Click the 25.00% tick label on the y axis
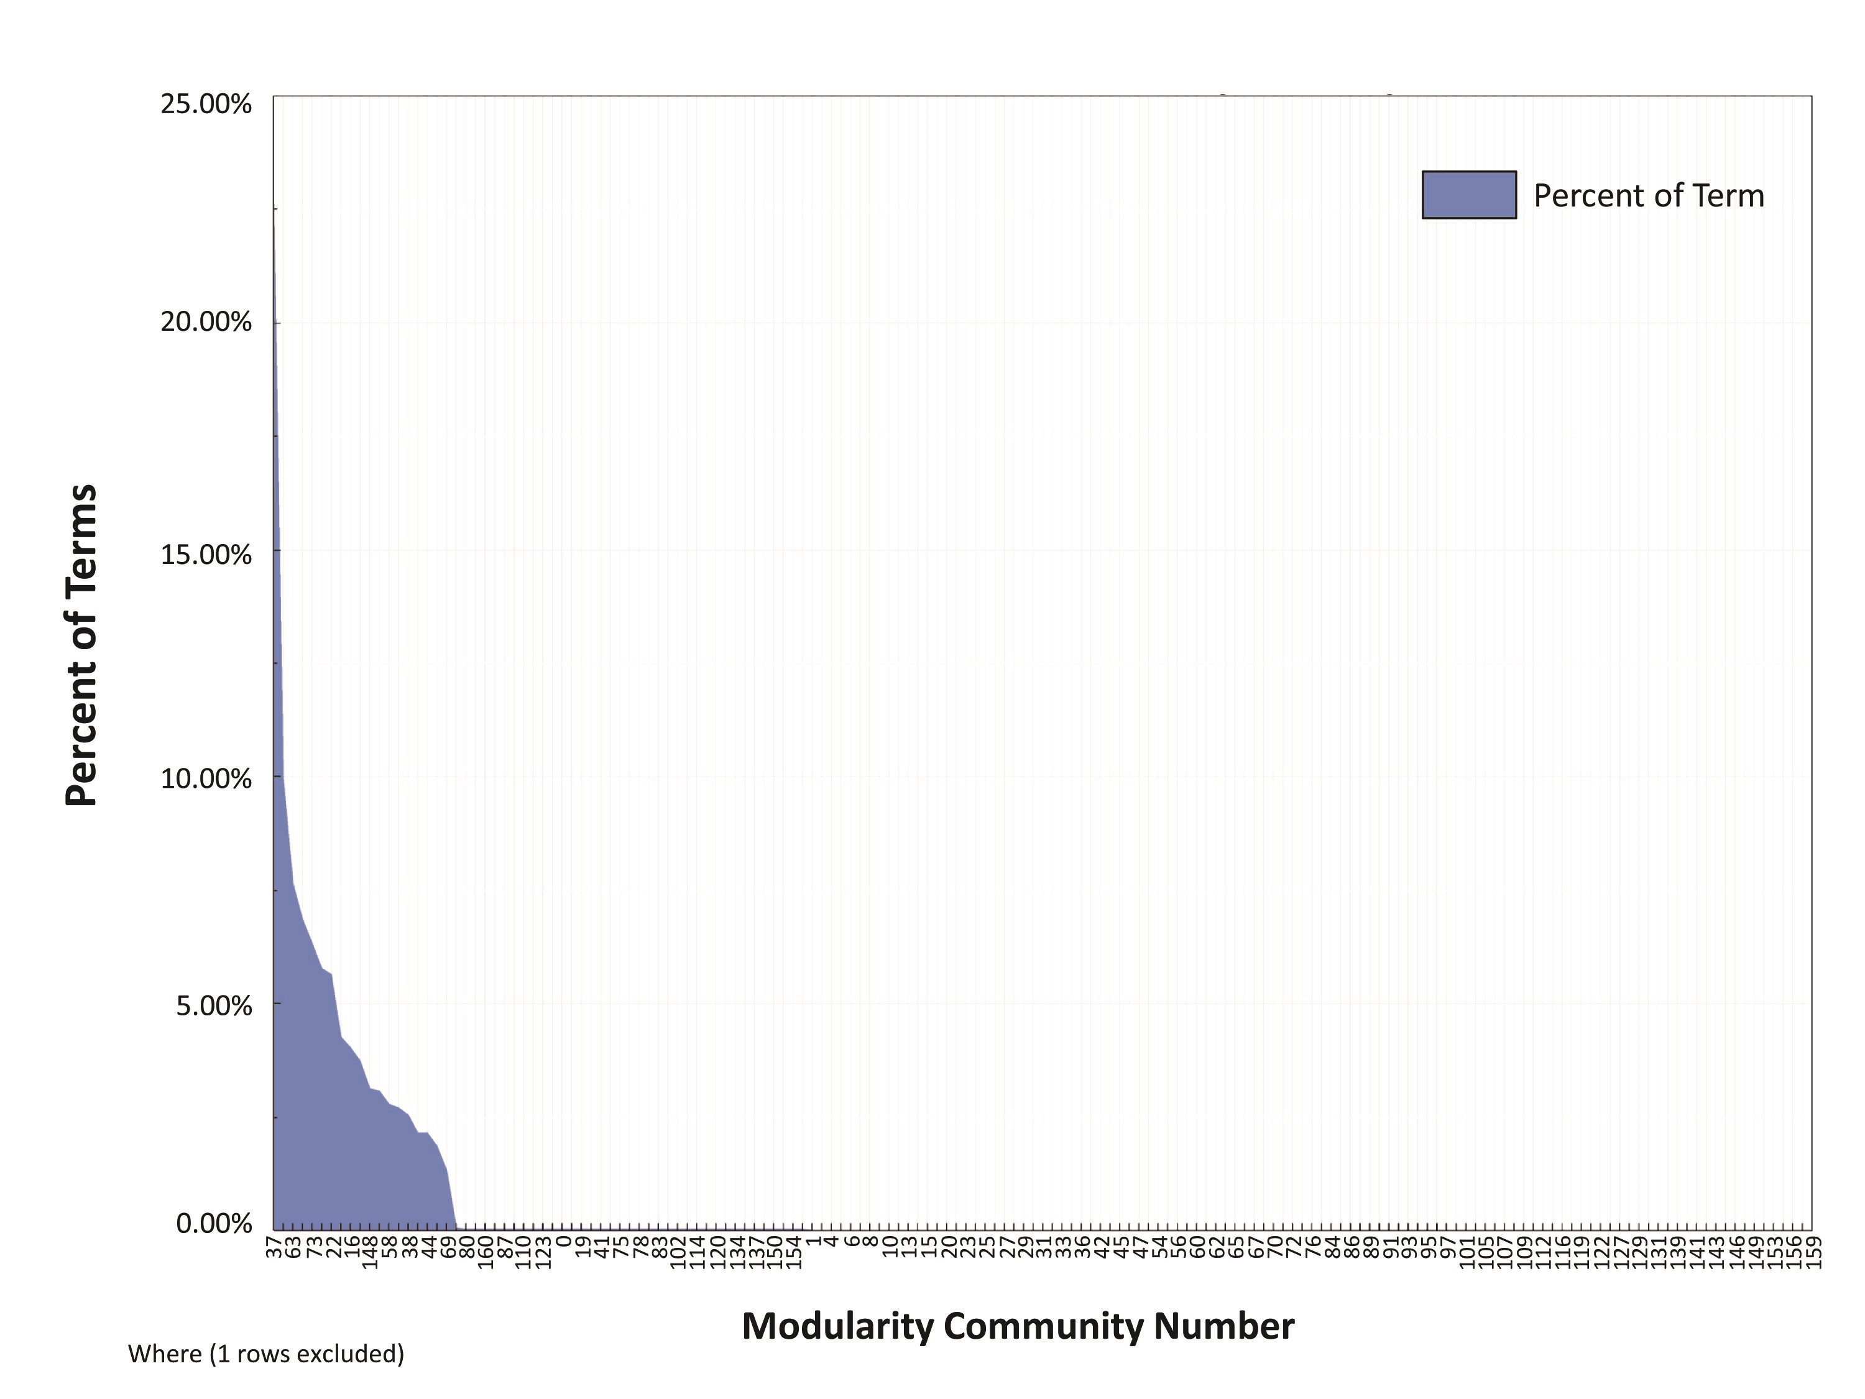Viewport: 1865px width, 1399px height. (206, 104)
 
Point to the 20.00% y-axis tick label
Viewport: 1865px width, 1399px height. (206, 322)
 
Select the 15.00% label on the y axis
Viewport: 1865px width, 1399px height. (206, 555)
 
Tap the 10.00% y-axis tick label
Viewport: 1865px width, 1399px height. (206, 778)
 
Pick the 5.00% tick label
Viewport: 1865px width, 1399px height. (214, 1005)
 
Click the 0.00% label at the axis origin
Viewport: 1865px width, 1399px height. (214, 1223)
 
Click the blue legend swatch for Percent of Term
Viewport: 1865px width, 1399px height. (1469, 195)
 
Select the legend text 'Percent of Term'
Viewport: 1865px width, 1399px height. (1648, 196)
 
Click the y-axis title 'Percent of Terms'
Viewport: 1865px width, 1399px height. (82, 645)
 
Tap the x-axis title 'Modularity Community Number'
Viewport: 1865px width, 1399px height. (1018, 1326)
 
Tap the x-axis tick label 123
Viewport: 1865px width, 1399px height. (544, 1254)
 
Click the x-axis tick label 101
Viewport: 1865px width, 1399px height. (1467, 1254)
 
